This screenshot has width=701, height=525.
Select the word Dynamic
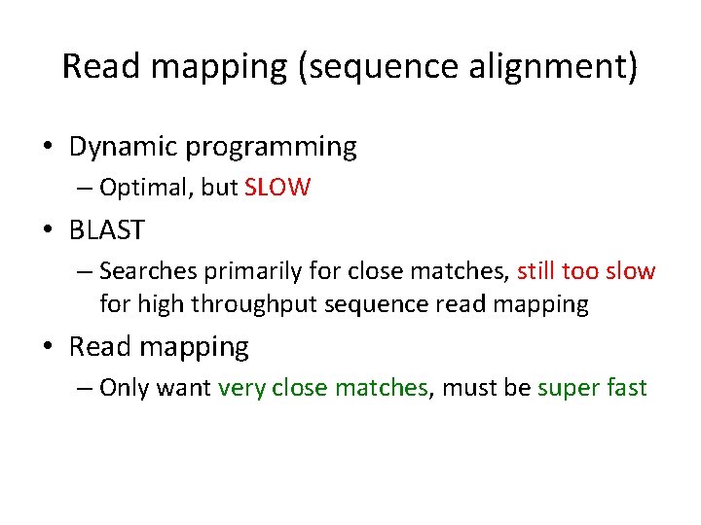click(123, 147)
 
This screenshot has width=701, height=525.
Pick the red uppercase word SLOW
click(277, 188)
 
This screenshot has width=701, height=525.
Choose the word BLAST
click(107, 230)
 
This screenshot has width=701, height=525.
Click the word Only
click(124, 387)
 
